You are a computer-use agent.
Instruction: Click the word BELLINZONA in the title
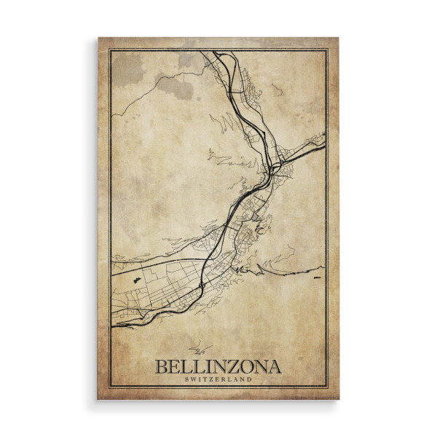click(218, 366)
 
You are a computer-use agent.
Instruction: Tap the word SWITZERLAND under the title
click(218, 379)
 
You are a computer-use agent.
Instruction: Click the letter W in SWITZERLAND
click(193, 379)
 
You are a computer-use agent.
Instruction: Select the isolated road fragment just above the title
click(195, 349)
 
